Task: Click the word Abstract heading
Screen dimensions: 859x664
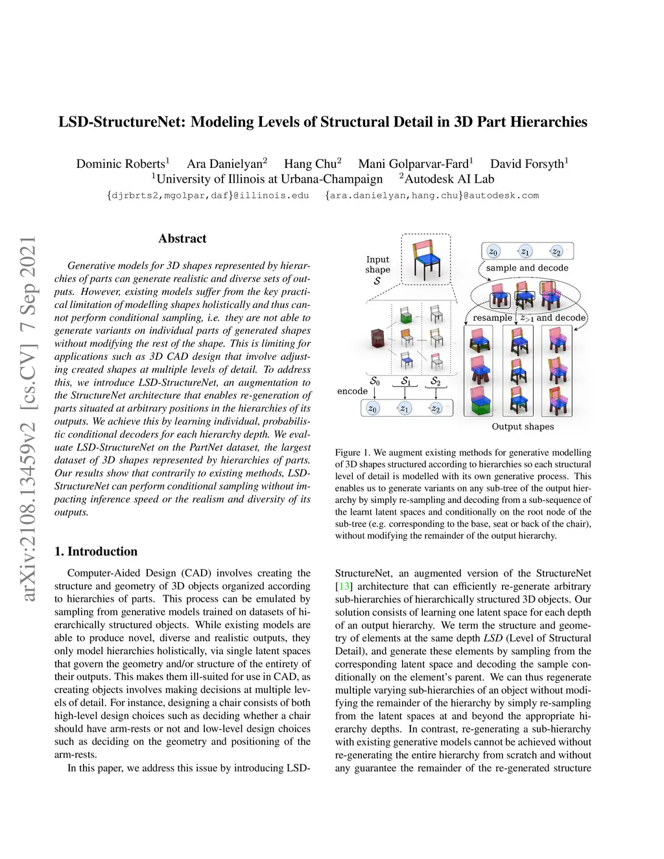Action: point(182,239)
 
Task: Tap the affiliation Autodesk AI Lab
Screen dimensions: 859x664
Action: point(449,180)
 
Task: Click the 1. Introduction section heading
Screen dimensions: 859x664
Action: point(96,552)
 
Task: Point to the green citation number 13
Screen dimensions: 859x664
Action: point(344,587)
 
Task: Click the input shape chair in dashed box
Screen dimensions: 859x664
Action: point(425,259)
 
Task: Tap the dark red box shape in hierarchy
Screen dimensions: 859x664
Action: point(377,338)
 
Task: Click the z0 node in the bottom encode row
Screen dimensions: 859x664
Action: point(372,408)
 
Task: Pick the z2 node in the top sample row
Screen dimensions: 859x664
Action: point(556,252)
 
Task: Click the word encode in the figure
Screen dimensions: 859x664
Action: point(352,392)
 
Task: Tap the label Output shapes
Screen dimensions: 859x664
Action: point(523,427)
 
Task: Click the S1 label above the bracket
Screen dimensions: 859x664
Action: point(406,381)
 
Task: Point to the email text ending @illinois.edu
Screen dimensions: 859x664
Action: point(207,196)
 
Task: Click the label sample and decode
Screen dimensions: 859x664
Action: point(527,268)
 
